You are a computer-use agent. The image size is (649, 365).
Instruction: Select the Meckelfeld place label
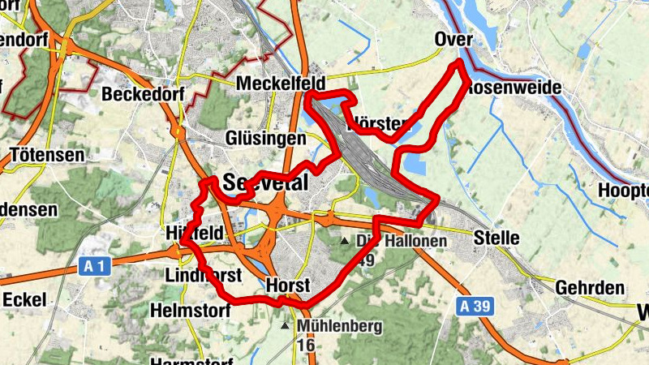tap(281, 84)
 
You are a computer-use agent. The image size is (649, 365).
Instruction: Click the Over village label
tap(453, 40)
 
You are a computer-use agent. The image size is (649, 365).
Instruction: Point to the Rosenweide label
tap(509, 87)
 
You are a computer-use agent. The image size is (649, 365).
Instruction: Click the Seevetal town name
tap(265, 182)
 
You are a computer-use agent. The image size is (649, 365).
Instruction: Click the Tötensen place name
tap(46, 153)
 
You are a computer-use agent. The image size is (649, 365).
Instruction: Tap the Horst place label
tap(288, 286)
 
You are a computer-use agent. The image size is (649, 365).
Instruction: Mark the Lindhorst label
tap(203, 275)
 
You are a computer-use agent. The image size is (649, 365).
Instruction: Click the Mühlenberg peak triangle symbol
tap(285, 326)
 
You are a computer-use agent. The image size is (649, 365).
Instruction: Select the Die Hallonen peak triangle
tap(345, 241)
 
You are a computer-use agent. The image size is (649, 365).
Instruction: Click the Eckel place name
tap(24, 298)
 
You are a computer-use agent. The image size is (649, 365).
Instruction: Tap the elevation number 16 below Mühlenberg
tap(307, 345)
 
